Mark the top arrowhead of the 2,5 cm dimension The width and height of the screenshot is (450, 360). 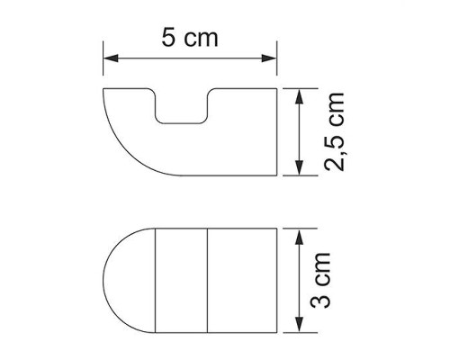(x=297, y=93)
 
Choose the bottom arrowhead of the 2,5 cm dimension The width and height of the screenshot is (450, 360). (x=297, y=170)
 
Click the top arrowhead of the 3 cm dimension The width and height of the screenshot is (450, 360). (x=297, y=233)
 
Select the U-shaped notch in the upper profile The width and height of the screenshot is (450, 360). (x=184, y=106)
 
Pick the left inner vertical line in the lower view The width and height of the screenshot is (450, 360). (x=157, y=279)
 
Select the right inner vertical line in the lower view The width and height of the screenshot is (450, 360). (x=208, y=279)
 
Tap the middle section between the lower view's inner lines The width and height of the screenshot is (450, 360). (x=182, y=279)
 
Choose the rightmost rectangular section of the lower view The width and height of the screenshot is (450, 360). (x=241, y=279)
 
